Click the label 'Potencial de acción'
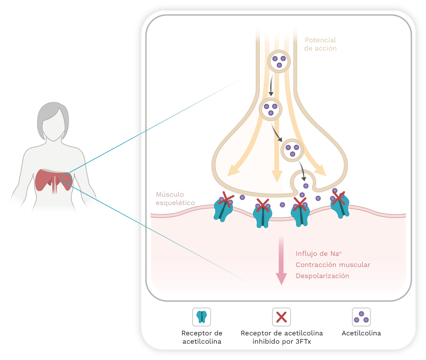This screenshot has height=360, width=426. tap(320, 44)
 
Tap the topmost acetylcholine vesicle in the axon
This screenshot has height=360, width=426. tap(278, 61)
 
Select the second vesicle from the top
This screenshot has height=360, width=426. tap(271, 109)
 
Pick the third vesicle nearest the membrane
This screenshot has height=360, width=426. tap(292, 150)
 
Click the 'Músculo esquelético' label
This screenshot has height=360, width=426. tap(175, 199)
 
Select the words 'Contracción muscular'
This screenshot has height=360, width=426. tap(333, 265)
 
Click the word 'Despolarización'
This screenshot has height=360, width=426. tap(322, 276)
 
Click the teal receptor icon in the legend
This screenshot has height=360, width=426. tap(202, 317)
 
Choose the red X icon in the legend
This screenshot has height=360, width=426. tap(281, 317)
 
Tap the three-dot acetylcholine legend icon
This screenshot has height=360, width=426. tap(361, 317)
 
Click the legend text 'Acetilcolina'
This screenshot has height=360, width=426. tap(361, 333)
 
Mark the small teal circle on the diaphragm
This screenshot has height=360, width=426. tap(67, 179)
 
